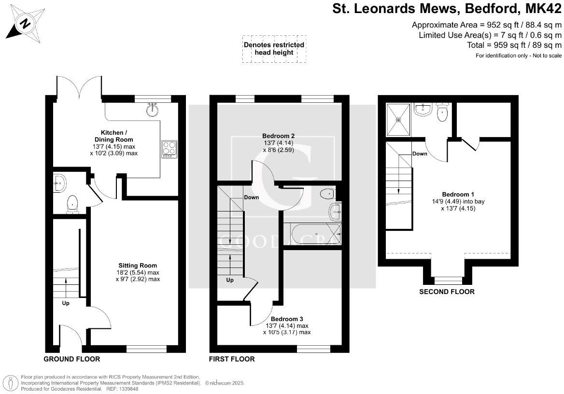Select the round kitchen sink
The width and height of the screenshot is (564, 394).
click(x=153, y=110)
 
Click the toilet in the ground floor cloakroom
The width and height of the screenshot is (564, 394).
click(x=72, y=203)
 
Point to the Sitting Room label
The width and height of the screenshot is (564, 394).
click(x=138, y=266)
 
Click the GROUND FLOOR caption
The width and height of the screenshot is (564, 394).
click(x=72, y=359)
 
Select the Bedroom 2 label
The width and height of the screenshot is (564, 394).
click(x=278, y=136)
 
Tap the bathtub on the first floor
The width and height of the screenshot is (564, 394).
click(x=312, y=235)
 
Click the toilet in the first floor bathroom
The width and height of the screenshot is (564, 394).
click(x=327, y=194)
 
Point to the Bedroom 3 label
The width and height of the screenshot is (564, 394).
click(x=287, y=319)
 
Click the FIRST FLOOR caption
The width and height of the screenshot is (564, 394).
click(x=232, y=359)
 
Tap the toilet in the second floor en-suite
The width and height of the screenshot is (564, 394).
click(x=442, y=113)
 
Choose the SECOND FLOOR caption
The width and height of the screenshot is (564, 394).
click(x=447, y=292)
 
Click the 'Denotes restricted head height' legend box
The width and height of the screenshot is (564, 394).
click(x=274, y=48)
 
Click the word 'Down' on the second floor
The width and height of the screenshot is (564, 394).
click(x=420, y=154)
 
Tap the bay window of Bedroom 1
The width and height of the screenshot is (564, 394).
click(x=447, y=280)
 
